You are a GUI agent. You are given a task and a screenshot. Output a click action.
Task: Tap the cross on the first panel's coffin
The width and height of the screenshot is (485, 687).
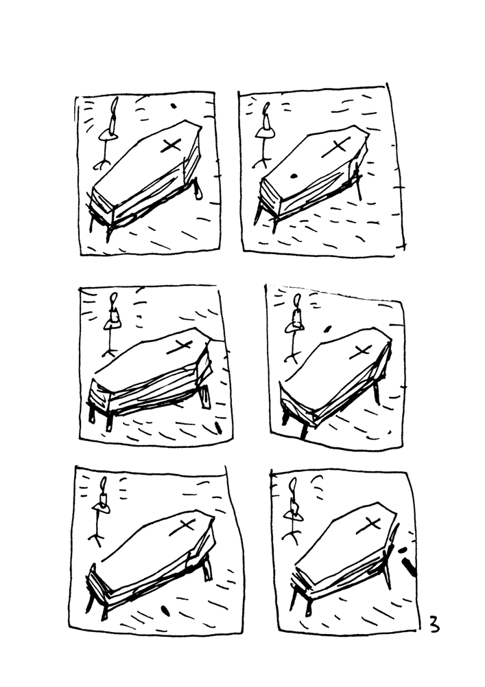point(171,146)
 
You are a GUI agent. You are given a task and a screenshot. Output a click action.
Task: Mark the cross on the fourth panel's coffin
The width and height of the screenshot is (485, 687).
point(359,351)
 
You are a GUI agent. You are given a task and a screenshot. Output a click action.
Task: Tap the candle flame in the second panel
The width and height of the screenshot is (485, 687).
point(266,111)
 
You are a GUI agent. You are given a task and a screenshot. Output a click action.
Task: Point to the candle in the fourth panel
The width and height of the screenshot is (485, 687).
point(297,313)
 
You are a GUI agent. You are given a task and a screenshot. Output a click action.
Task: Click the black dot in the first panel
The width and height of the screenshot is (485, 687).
point(172,106)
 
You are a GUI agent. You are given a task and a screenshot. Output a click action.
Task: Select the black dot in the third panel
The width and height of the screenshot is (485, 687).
point(219,428)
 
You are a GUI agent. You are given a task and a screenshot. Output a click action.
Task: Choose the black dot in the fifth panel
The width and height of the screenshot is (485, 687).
point(164,609)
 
